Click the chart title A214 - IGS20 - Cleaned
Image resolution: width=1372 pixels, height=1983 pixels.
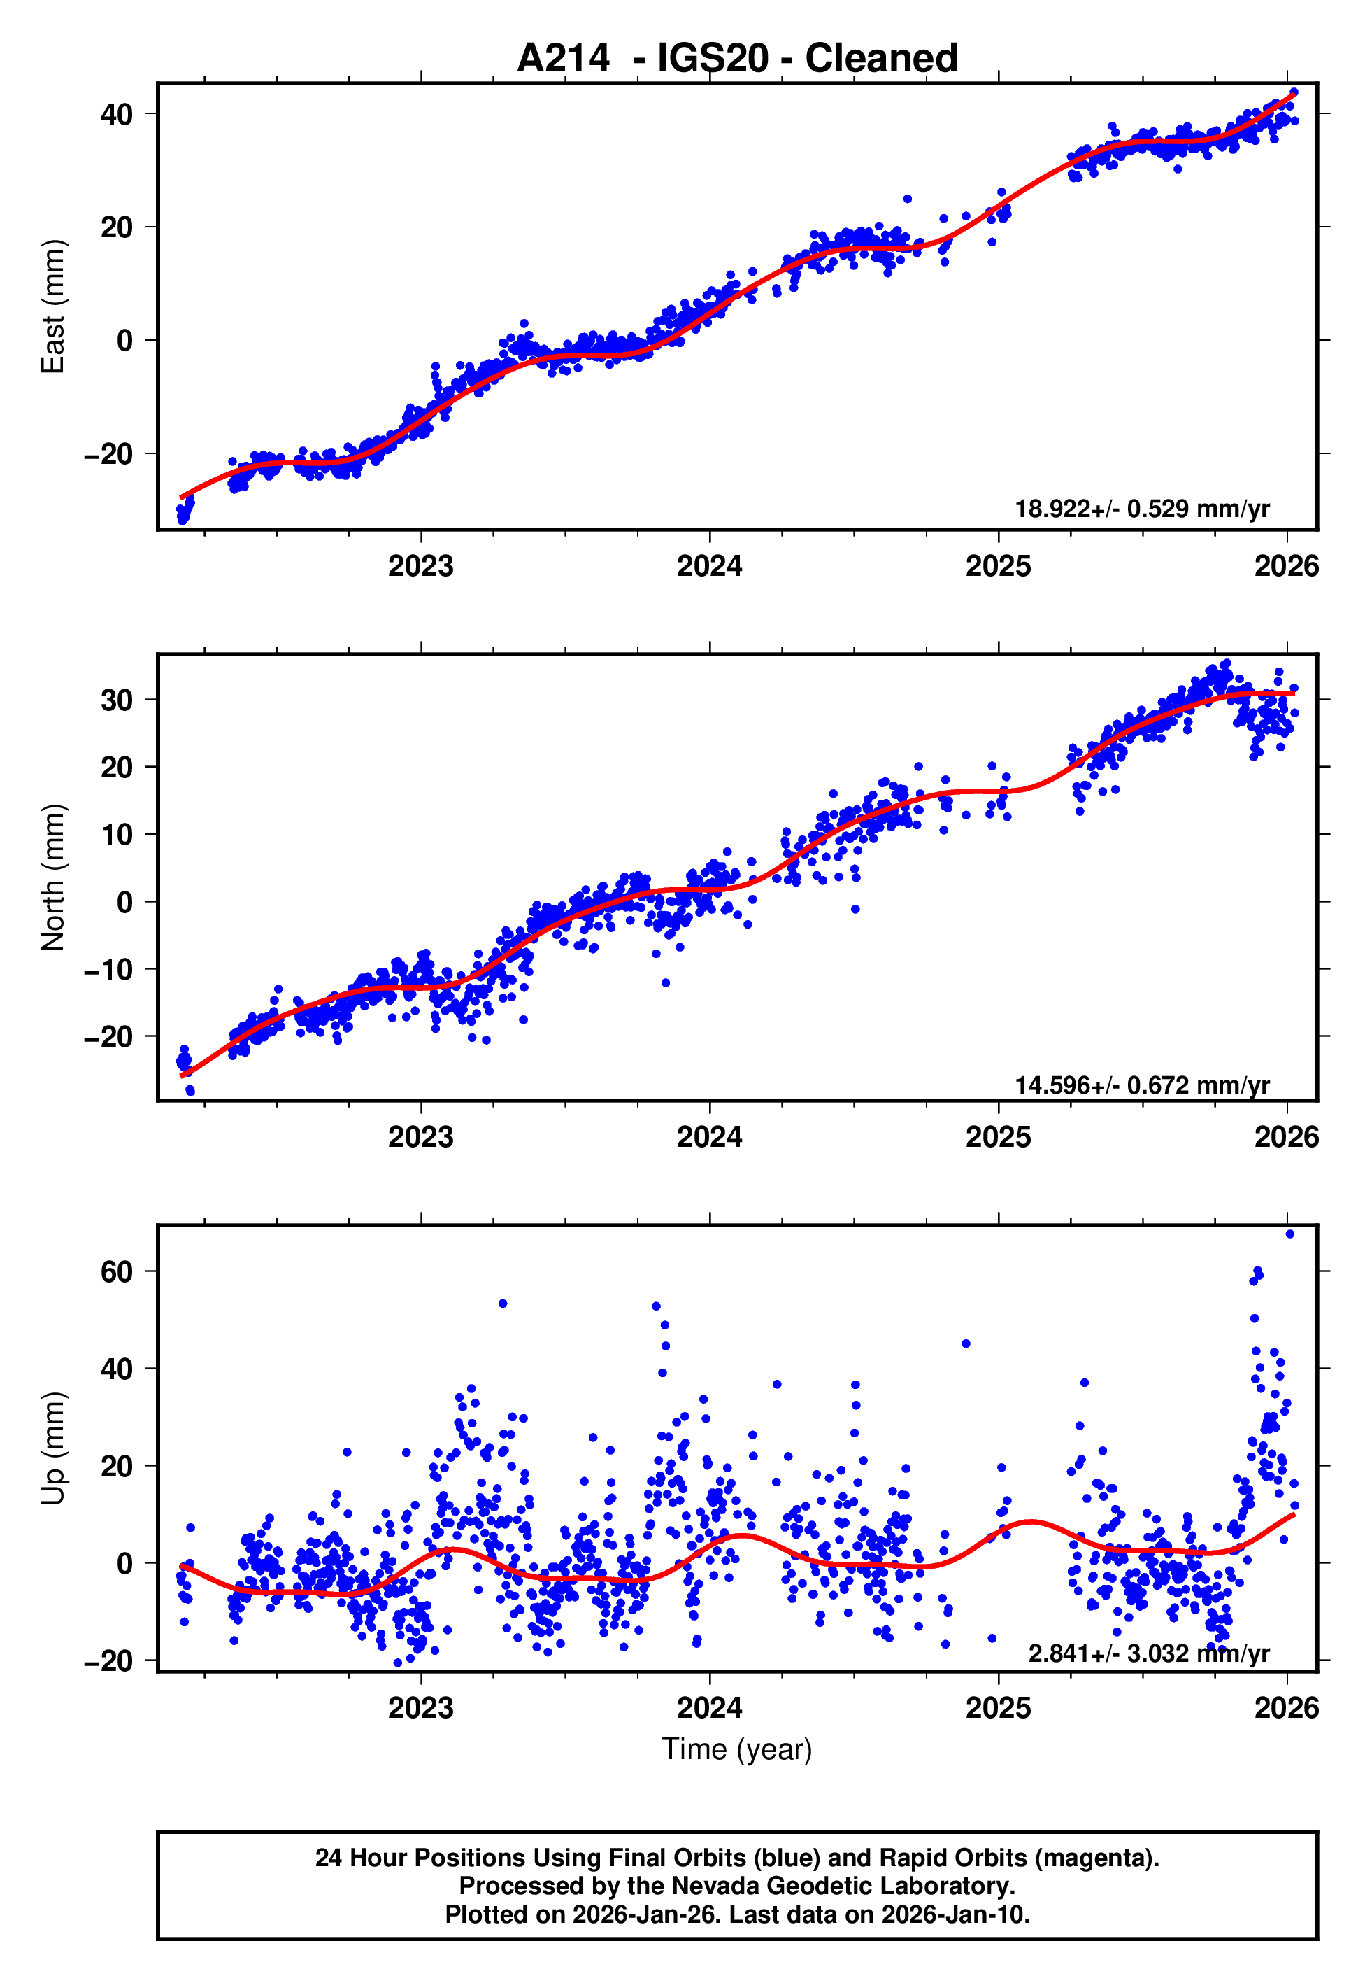pos(737,59)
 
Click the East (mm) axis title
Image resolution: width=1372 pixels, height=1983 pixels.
pos(53,306)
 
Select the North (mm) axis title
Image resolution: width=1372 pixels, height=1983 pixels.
pos(53,877)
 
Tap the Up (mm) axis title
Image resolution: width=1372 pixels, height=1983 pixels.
pos(53,1448)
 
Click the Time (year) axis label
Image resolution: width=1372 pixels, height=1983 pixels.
pos(737,1749)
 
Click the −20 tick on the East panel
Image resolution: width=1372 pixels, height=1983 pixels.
pos(108,454)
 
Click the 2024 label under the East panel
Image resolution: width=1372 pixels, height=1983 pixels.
pos(709,566)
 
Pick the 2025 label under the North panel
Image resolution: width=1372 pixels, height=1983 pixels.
pos(998,1137)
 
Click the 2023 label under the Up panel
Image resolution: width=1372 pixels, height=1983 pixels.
pos(420,1708)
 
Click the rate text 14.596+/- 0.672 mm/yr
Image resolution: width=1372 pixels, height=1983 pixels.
pos(1142,1085)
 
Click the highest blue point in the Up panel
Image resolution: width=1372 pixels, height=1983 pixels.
pos(1289,1234)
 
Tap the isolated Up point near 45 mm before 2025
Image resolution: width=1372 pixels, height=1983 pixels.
pos(966,1343)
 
